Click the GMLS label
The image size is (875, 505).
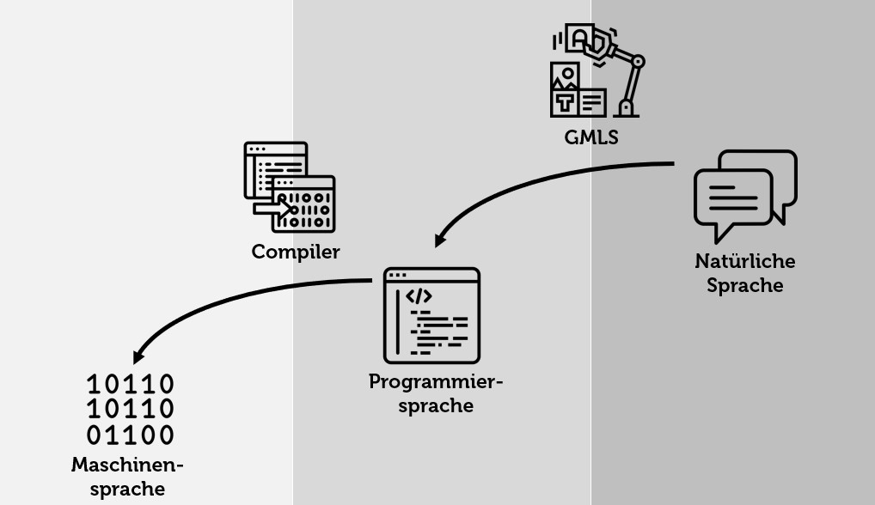[x=590, y=137]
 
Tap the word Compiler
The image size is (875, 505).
[x=296, y=252]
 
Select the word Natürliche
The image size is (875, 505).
[x=745, y=261]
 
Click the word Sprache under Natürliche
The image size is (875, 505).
[x=745, y=285]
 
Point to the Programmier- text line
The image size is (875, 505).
[x=436, y=381]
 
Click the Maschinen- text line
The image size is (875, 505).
[x=127, y=465]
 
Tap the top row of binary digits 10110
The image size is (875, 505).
[x=131, y=384]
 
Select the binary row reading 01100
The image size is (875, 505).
[x=131, y=435]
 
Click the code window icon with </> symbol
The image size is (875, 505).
[x=431, y=315]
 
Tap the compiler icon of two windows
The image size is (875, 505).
[x=289, y=187]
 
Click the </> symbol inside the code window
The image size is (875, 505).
[x=419, y=296]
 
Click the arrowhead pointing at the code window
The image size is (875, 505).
[x=440, y=240]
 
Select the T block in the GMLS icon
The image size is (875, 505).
[x=564, y=102]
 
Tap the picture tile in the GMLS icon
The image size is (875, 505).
[x=565, y=76]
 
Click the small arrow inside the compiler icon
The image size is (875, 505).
[x=272, y=208]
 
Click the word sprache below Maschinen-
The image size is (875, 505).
[x=127, y=490]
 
